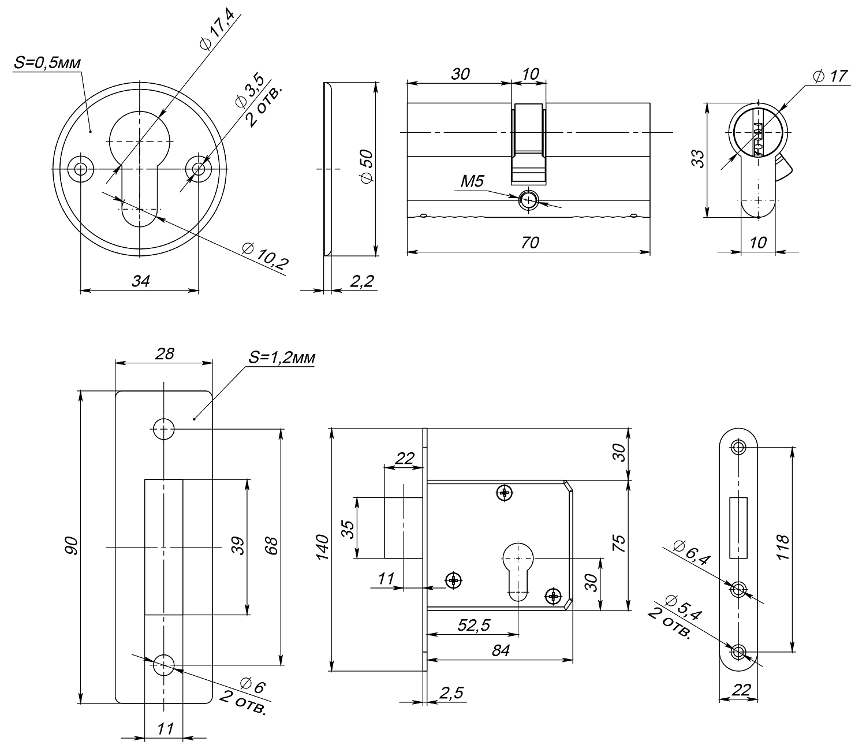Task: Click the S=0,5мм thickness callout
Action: [x=47, y=62]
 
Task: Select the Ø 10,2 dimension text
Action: [x=265, y=256]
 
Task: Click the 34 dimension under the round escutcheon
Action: [x=140, y=281]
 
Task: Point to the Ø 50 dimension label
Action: [x=367, y=166]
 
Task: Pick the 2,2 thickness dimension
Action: [x=362, y=281]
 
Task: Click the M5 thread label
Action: [x=472, y=181]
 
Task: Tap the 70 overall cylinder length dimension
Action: [x=529, y=243]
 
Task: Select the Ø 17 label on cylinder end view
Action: [x=830, y=76]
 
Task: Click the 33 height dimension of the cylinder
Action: [x=697, y=159]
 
